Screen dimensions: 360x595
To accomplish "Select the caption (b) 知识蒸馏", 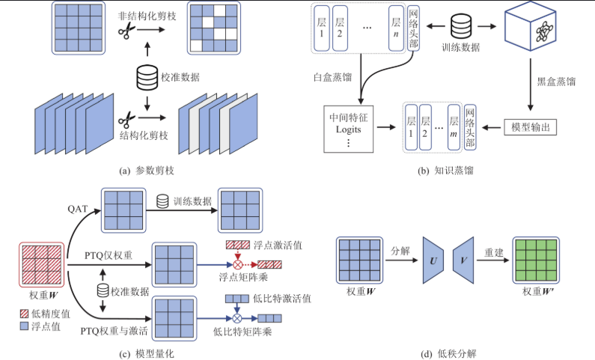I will point(446,171).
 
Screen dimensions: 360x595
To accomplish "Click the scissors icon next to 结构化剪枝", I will point(126,118).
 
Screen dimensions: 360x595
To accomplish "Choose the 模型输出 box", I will point(530,127).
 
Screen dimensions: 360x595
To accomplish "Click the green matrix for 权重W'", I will point(537,259).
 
